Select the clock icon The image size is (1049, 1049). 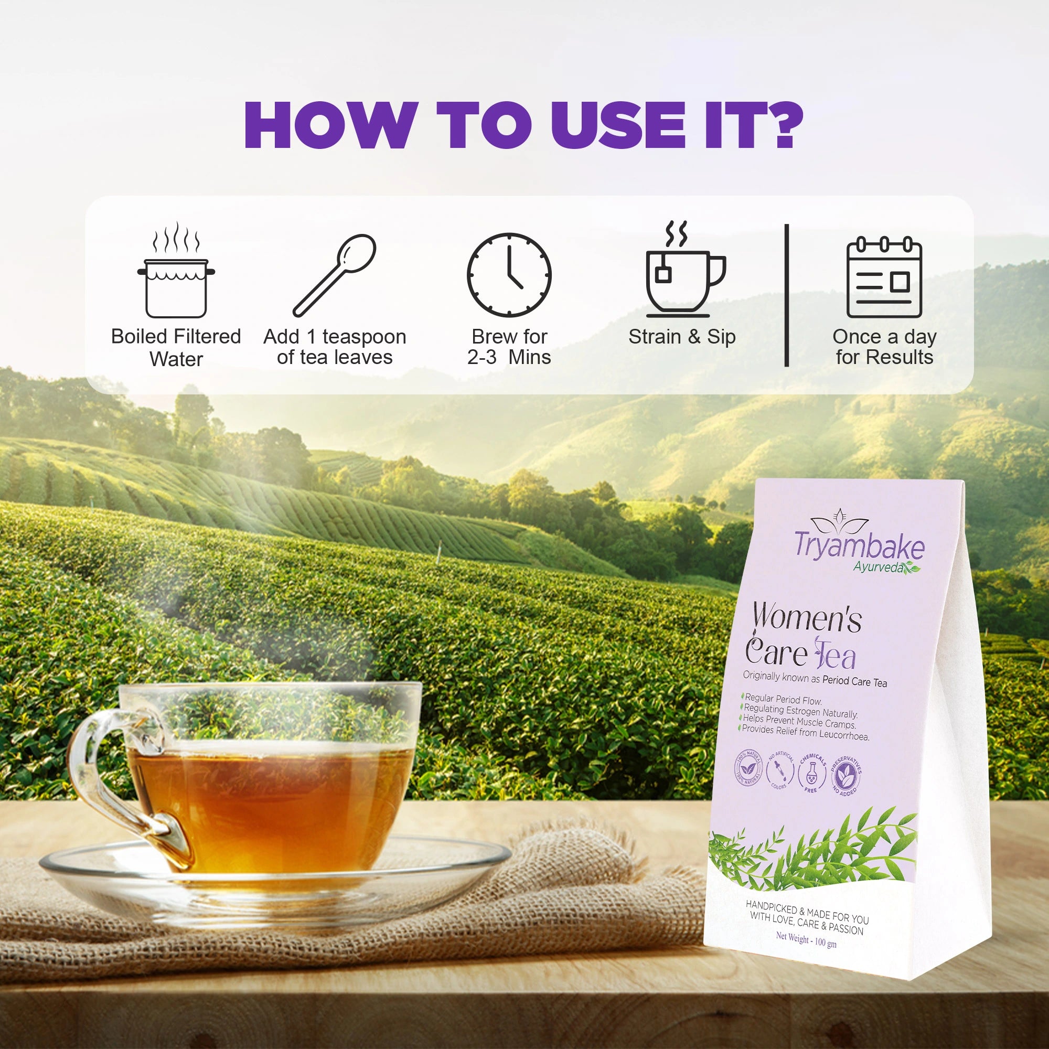click(509, 275)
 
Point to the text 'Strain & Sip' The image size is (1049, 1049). click(682, 337)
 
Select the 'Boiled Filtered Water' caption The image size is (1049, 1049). click(176, 348)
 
